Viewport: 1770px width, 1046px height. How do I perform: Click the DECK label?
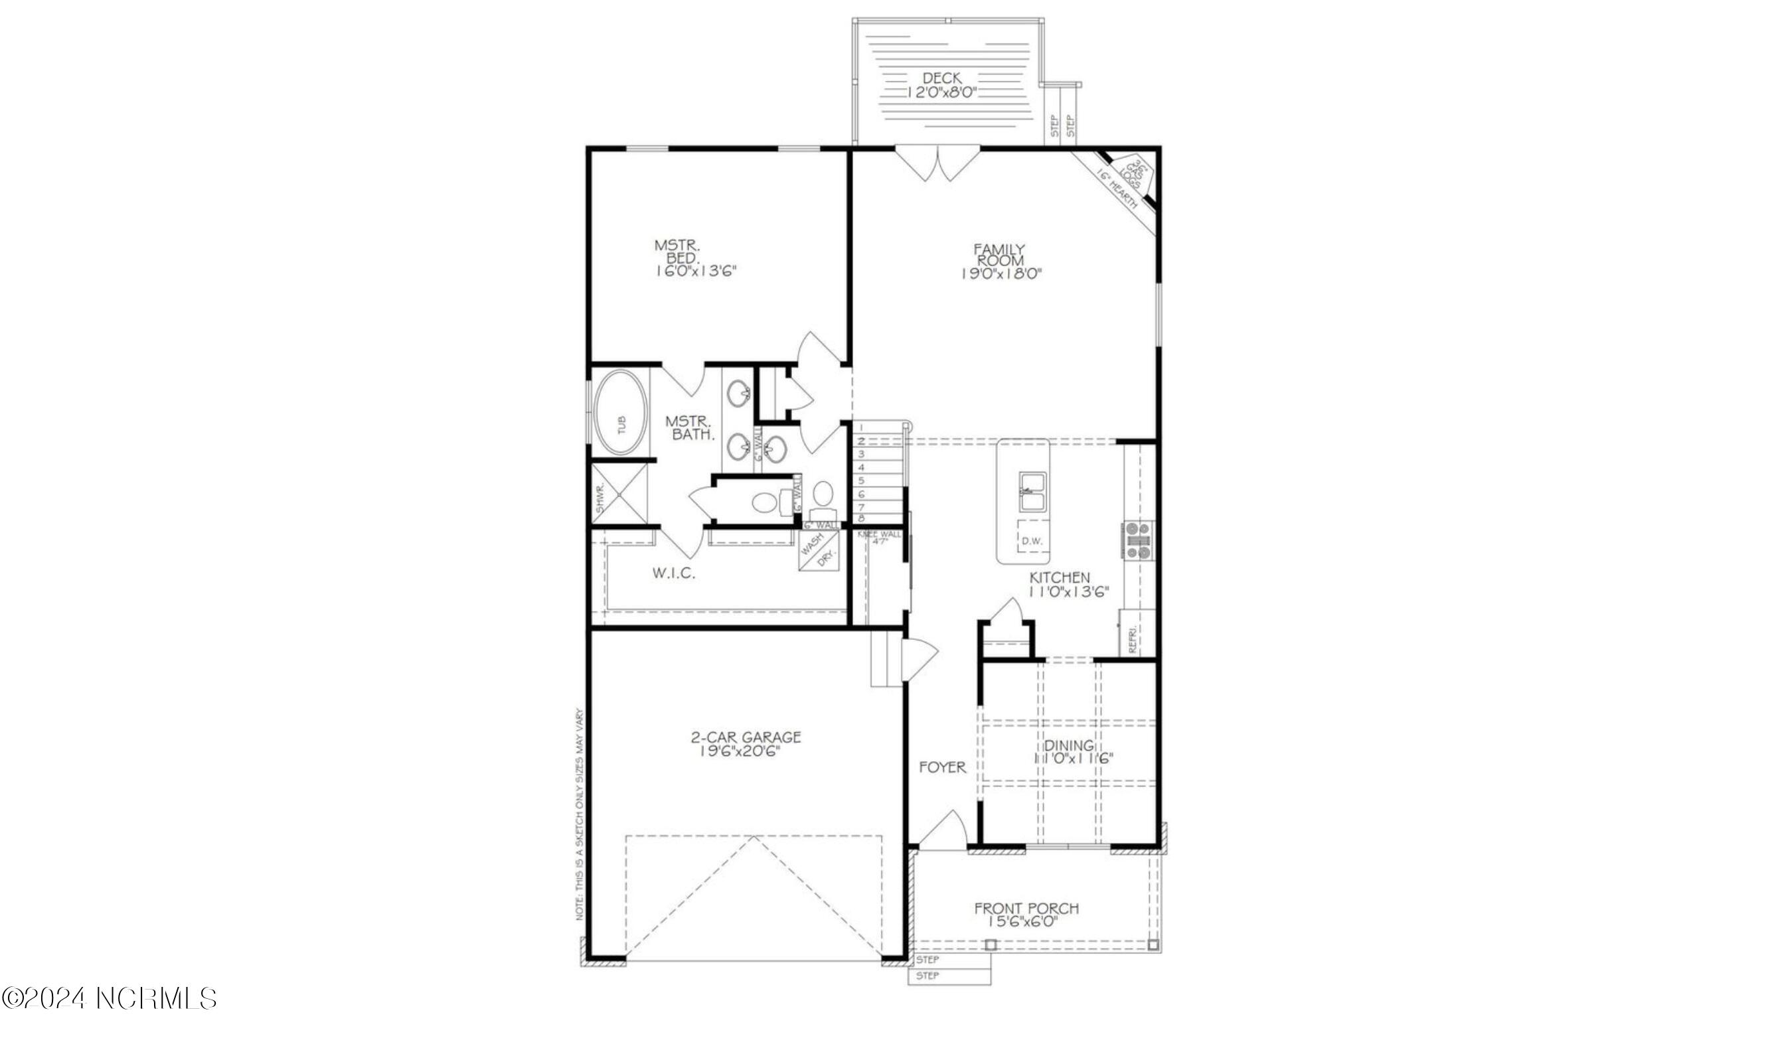click(x=941, y=78)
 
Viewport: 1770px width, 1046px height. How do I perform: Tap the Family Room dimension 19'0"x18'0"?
click(x=1001, y=274)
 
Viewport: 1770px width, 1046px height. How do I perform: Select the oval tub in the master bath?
click(x=621, y=425)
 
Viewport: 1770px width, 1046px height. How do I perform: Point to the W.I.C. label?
click(x=673, y=573)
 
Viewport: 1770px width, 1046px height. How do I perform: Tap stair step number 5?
click(x=861, y=481)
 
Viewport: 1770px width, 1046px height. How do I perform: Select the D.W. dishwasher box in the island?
click(x=1031, y=541)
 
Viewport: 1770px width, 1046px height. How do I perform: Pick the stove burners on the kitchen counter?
click(x=1138, y=540)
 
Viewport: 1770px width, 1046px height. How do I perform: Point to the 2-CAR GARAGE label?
click(x=745, y=737)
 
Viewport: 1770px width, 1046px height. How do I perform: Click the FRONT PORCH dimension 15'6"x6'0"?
click(x=1026, y=921)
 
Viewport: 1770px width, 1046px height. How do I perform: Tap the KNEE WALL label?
click(x=878, y=534)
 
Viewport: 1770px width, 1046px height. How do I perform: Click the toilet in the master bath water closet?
click(x=764, y=502)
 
